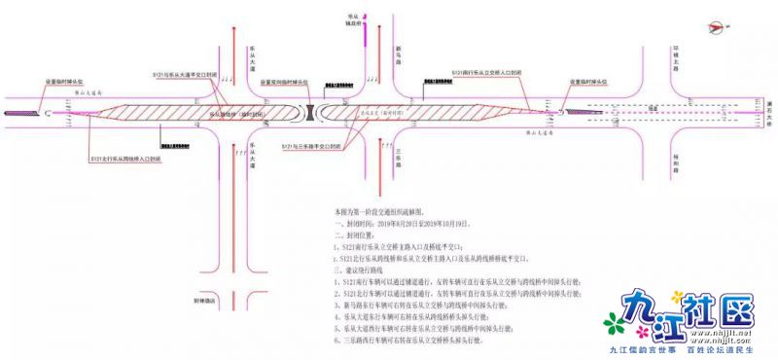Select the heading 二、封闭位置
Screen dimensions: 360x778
pos(353,234)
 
